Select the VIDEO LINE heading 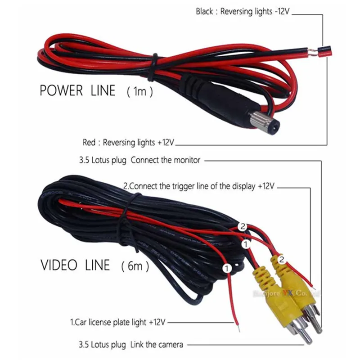click(x=75, y=265)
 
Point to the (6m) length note click(x=135, y=266)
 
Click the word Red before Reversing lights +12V click(x=89, y=143)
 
